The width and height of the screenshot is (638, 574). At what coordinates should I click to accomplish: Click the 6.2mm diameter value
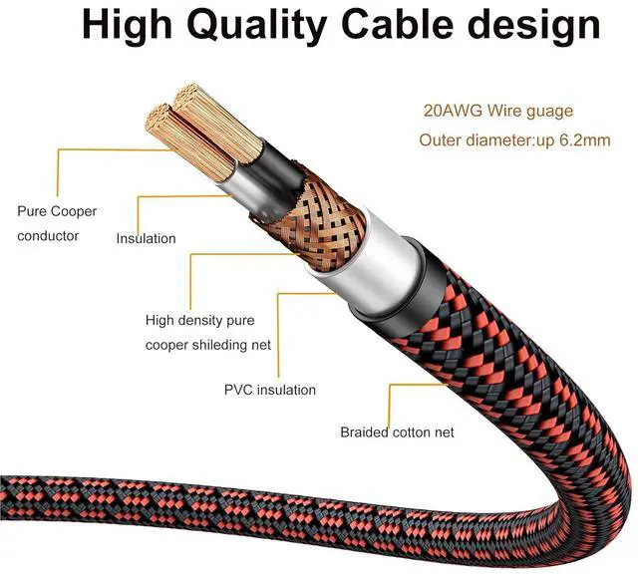[584, 140]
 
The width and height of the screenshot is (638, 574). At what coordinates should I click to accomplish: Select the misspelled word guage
[550, 111]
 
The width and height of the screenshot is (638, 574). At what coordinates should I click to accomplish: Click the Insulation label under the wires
[146, 238]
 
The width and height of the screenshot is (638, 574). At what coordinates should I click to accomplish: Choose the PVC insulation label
[269, 390]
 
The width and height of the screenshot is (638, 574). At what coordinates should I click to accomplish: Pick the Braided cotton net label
[397, 431]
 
